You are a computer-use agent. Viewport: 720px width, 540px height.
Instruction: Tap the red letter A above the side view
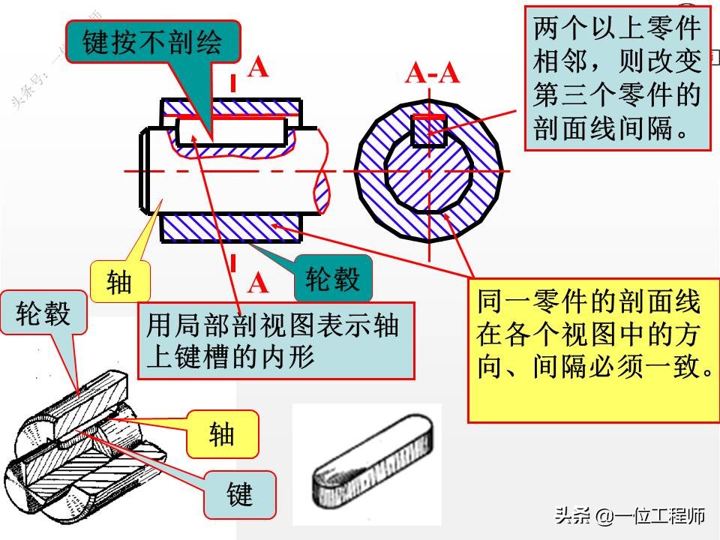(x=257, y=67)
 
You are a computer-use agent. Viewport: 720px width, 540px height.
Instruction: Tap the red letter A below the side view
(x=257, y=283)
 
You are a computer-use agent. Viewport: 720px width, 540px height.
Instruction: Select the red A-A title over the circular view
(x=432, y=73)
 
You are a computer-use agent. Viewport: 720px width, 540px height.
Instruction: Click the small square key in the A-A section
(x=428, y=130)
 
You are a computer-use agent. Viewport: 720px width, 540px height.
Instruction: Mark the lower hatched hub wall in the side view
(x=231, y=226)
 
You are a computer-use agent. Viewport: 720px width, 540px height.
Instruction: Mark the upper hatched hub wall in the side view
(x=231, y=107)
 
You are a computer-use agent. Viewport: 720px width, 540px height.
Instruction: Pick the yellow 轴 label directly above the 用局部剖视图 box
(x=119, y=281)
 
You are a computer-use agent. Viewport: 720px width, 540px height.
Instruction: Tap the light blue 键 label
(x=240, y=495)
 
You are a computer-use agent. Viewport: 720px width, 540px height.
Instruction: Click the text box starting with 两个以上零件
(x=616, y=78)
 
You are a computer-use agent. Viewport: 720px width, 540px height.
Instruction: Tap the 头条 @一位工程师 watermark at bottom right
(x=629, y=516)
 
